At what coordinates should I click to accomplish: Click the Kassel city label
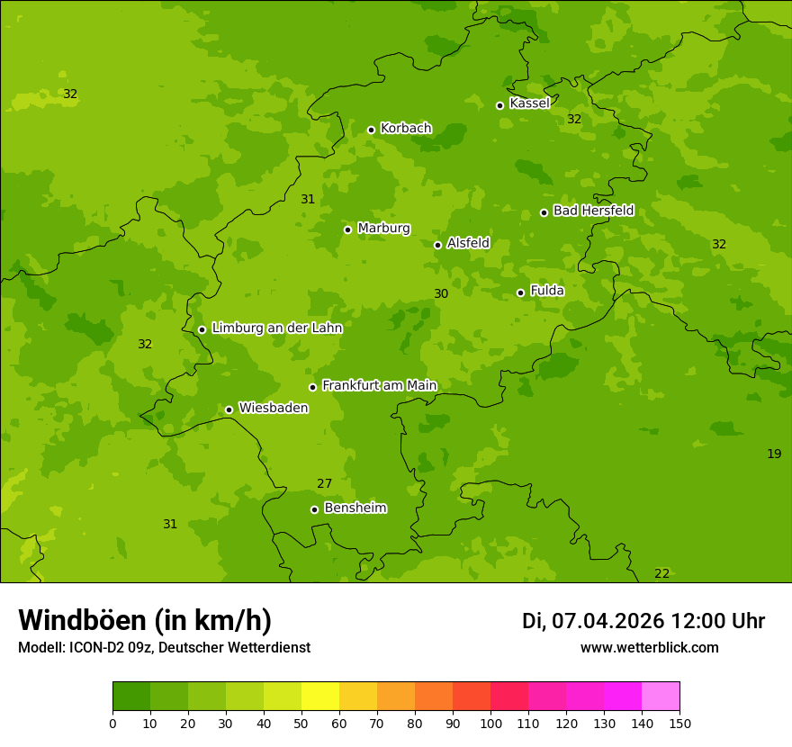(529, 103)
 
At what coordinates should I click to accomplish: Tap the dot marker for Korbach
(371, 130)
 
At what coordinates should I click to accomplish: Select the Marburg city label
(383, 229)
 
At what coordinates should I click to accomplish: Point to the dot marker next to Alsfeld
(437, 245)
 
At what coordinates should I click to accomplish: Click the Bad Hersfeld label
(593, 211)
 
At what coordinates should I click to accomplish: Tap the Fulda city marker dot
(520, 292)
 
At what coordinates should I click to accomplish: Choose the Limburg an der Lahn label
(276, 328)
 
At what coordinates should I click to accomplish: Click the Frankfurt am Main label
(379, 385)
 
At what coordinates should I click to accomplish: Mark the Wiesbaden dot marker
(229, 409)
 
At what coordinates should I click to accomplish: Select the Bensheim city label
(355, 508)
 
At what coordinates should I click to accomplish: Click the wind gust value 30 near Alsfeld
(441, 294)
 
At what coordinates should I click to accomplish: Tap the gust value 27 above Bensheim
(325, 484)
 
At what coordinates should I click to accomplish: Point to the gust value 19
(774, 454)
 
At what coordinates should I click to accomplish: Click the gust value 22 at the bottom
(661, 574)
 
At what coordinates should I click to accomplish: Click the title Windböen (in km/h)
(145, 620)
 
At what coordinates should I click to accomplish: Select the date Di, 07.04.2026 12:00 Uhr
(643, 621)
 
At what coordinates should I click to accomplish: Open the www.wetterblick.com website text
(649, 648)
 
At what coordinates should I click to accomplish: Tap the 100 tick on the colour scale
(490, 723)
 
